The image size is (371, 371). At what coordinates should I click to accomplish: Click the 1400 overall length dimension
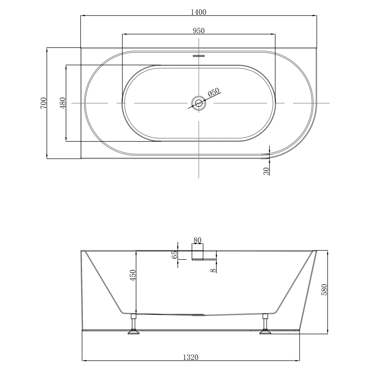(198, 12)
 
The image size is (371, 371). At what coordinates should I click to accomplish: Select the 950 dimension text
(198, 30)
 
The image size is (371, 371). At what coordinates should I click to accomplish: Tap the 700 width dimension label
(43, 103)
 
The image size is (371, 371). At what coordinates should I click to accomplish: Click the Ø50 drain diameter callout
(214, 92)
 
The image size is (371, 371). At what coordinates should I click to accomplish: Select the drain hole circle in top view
(199, 103)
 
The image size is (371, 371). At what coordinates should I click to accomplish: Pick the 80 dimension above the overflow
(197, 240)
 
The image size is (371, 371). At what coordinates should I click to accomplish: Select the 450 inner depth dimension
(133, 275)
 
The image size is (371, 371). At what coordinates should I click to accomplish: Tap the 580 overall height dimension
(325, 289)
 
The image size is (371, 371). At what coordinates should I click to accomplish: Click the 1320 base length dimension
(191, 357)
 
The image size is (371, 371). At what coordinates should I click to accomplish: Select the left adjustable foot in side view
(133, 325)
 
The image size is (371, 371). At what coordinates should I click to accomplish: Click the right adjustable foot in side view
(265, 325)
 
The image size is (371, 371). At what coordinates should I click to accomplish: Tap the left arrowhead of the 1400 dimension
(83, 16)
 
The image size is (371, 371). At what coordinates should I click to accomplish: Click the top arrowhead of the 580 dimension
(328, 252)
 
